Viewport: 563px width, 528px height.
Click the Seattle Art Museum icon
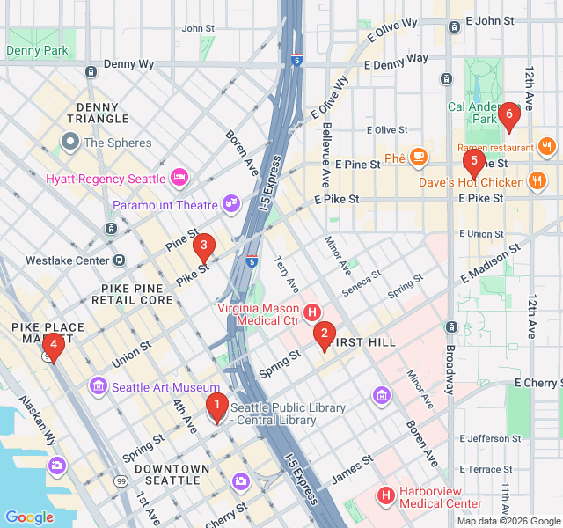pyautogui.click(x=98, y=386)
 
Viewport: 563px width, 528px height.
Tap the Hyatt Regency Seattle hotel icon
pyautogui.click(x=179, y=178)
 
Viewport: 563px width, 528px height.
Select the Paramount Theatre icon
pyautogui.click(x=231, y=204)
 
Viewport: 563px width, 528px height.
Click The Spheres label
pyautogui.click(x=117, y=143)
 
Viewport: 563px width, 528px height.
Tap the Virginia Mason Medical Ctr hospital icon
pyautogui.click(x=311, y=312)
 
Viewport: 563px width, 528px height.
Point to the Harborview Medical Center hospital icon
pyautogui.click(x=385, y=496)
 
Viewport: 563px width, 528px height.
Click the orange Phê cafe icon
pyautogui.click(x=418, y=158)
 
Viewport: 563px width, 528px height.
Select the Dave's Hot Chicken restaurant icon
pyautogui.click(x=537, y=182)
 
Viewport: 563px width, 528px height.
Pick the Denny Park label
pyautogui.click(x=37, y=51)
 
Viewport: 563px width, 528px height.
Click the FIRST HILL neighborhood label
pyautogui.click(x=366, y=341)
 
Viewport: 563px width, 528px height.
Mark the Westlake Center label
pyautogui.click(x=66, y=260)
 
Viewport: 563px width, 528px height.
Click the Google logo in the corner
pyautogui.click(x=29, y=517)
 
